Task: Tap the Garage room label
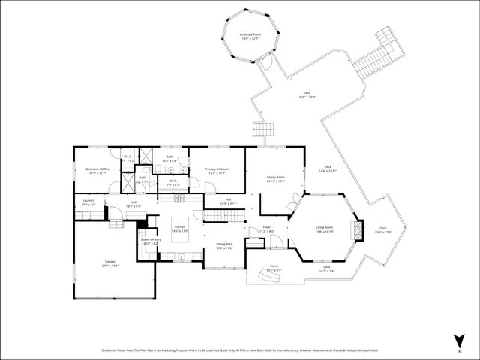point(109,262)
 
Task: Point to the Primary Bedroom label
point(217,171)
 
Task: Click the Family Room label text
point(275,178)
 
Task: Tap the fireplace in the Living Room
point(358,229)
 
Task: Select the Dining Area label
point(224,246)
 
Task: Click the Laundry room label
point(88,202)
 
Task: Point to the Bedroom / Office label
point(97,171)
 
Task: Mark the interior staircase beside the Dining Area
point(225,216)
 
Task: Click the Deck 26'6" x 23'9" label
point(307,94)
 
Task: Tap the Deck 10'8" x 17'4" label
point(383,229)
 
